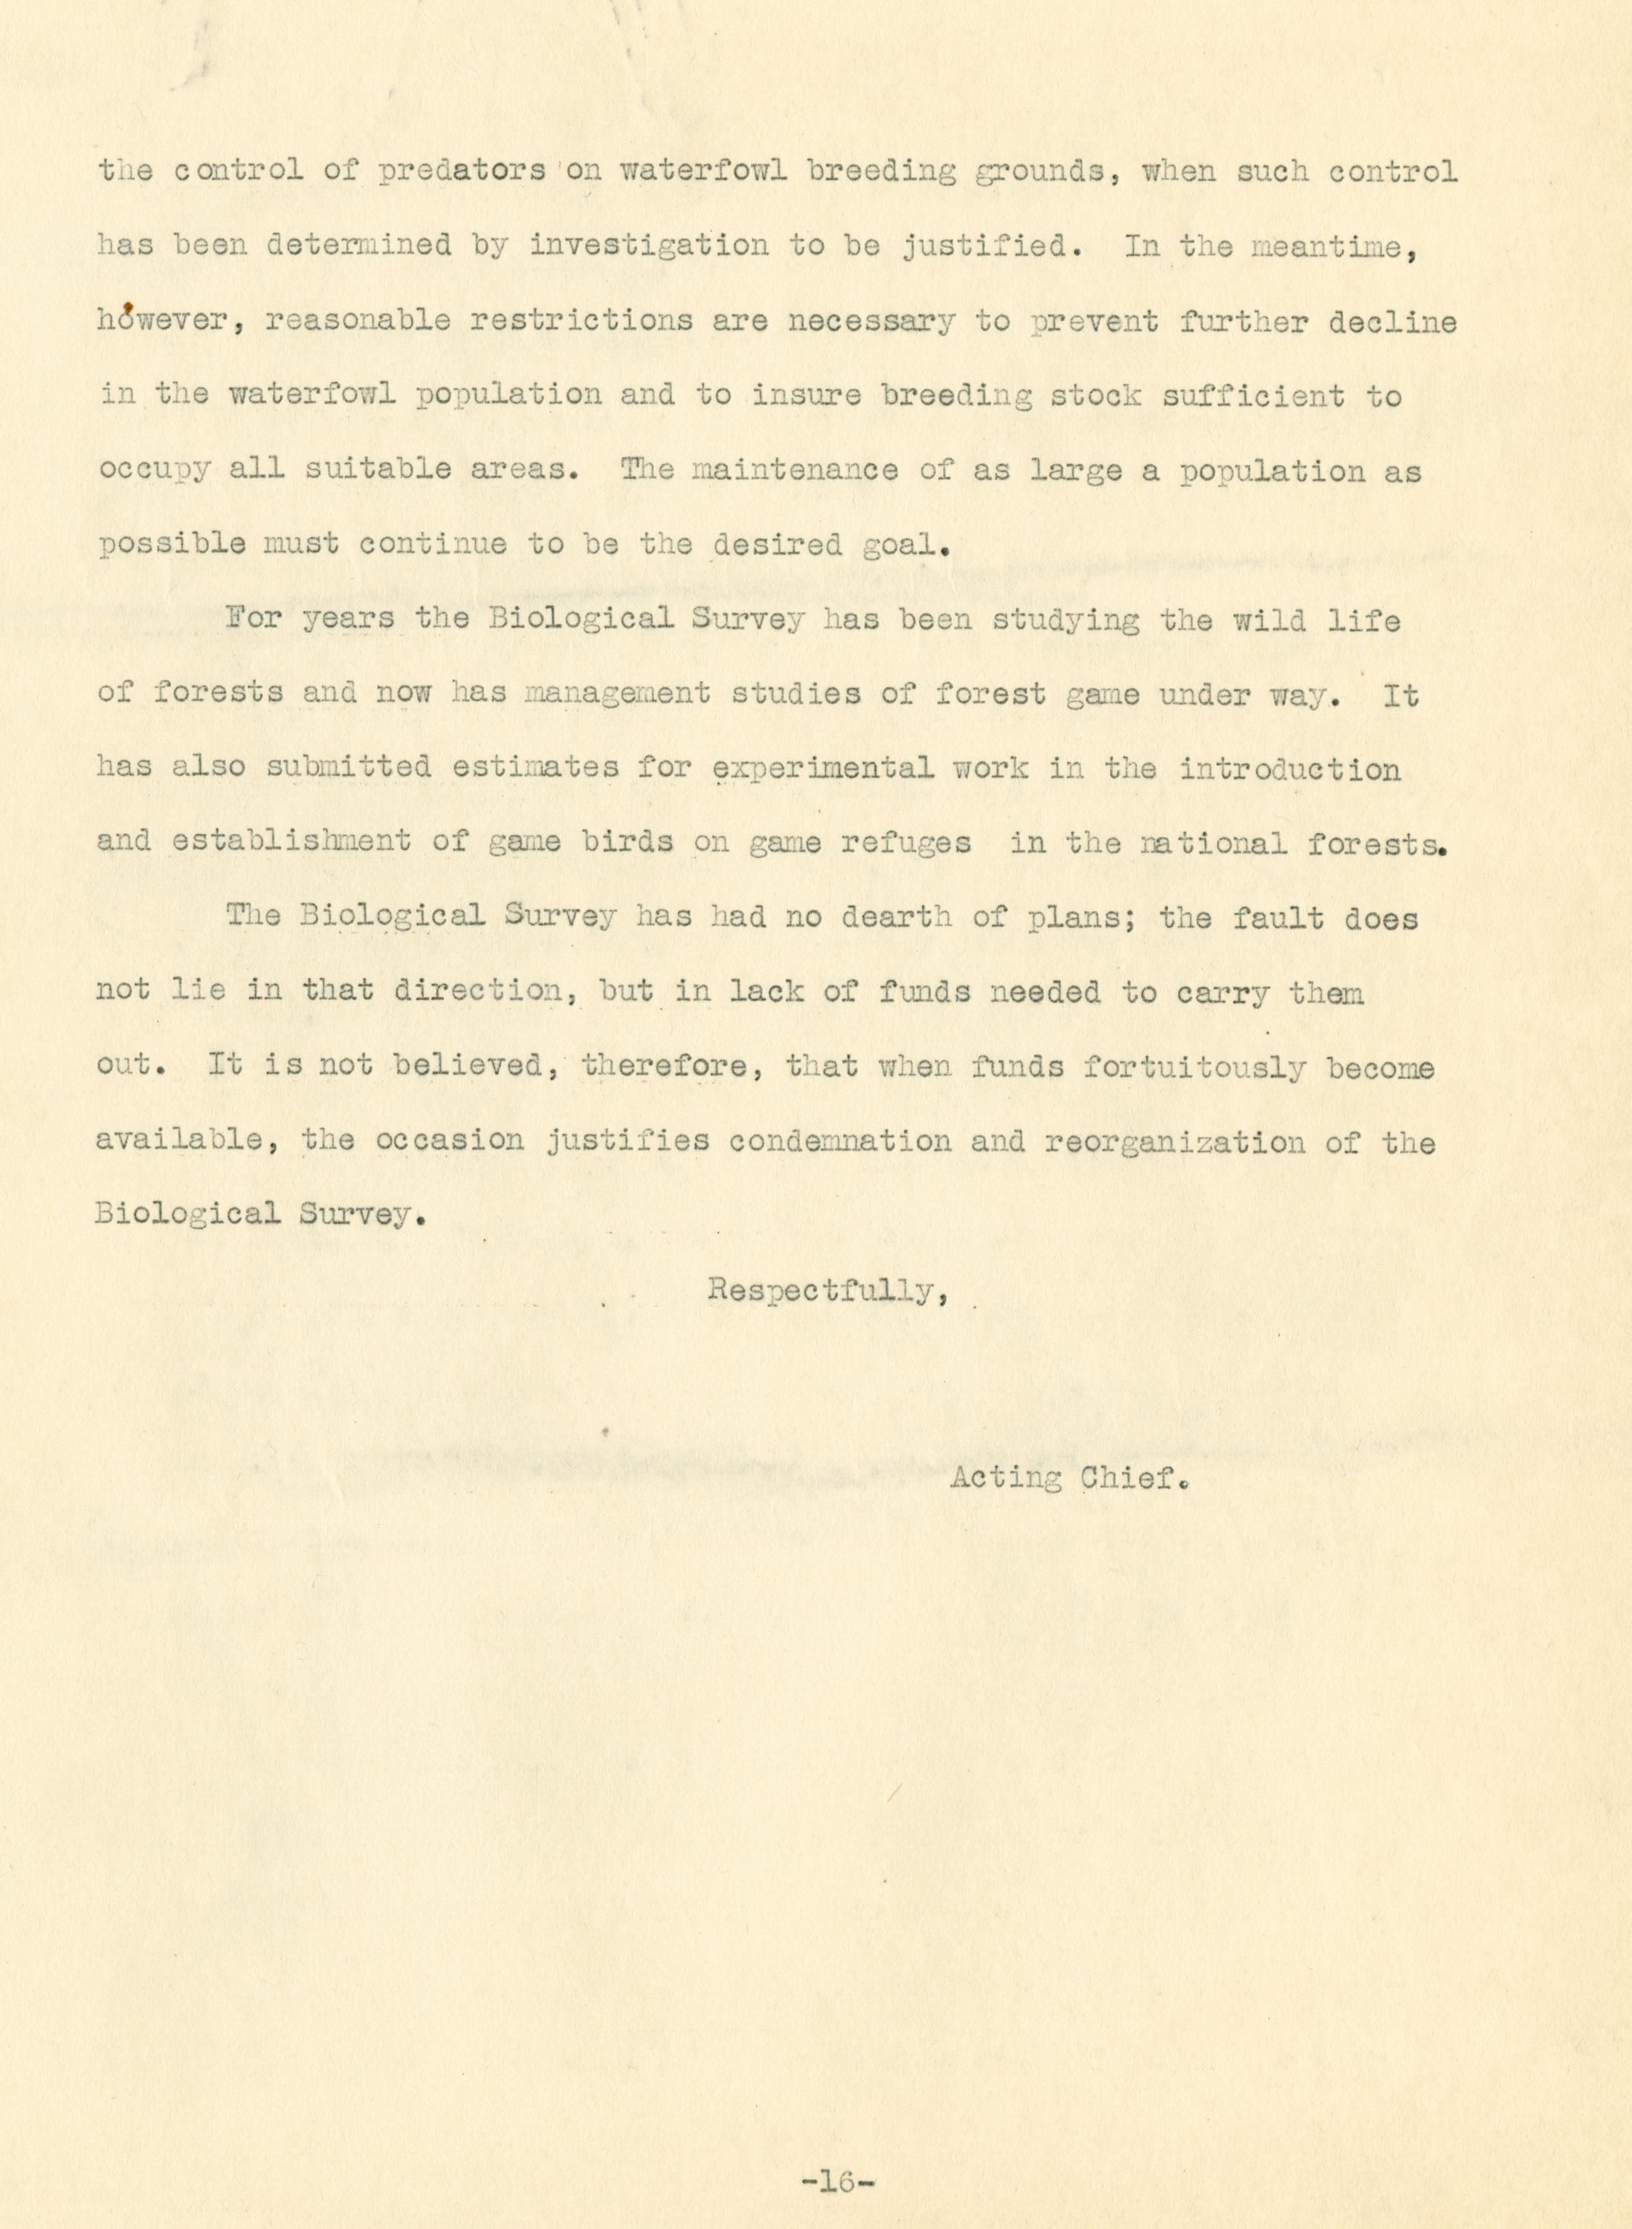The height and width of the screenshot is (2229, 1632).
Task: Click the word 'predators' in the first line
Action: [461, 172]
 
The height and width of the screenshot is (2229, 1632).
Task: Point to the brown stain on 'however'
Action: [129, 309]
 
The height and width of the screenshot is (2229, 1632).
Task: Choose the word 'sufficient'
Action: [1253, 396]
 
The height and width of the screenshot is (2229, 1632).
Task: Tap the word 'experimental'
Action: [823, 770]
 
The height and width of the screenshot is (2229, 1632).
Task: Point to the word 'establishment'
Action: [291, 843]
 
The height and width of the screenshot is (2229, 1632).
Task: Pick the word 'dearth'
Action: [896, 918]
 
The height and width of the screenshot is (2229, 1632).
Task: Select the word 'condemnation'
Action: [839, 1142]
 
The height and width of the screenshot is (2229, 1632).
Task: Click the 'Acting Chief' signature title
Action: [1068, 1479]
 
